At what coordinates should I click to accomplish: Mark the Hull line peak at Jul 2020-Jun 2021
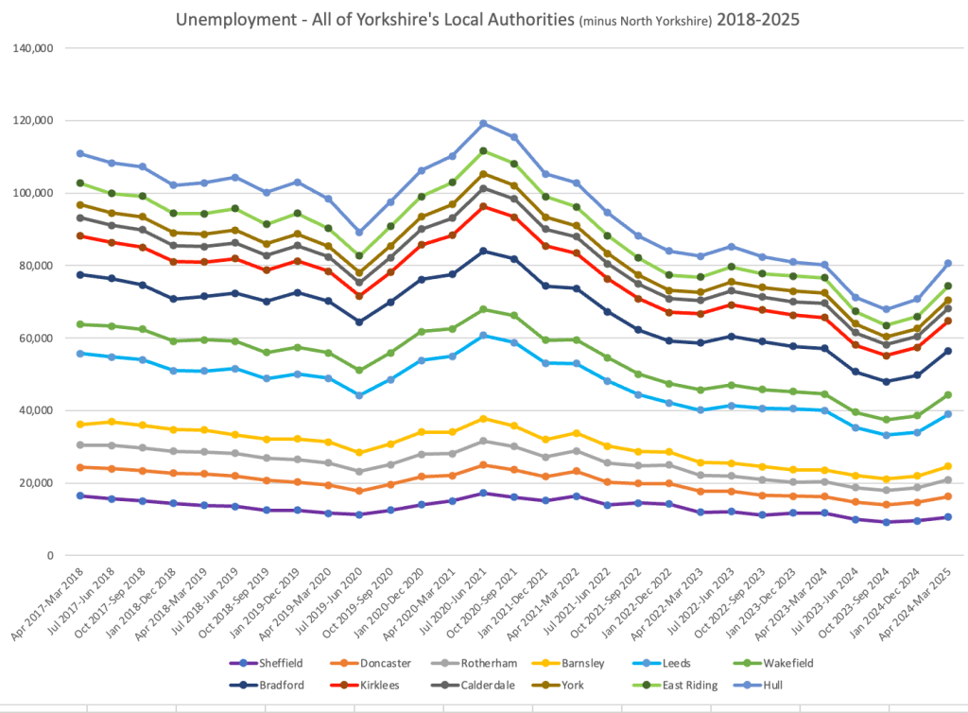coord(484,123)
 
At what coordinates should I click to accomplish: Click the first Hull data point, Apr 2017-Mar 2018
coord(80,153)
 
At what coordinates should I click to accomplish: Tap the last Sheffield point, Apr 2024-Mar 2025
coord(947,517)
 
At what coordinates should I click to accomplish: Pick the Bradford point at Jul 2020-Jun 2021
coord(484,251)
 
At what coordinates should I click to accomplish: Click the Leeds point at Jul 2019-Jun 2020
coord(358,395)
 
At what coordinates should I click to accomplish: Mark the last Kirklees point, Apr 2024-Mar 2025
coord(947,321)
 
